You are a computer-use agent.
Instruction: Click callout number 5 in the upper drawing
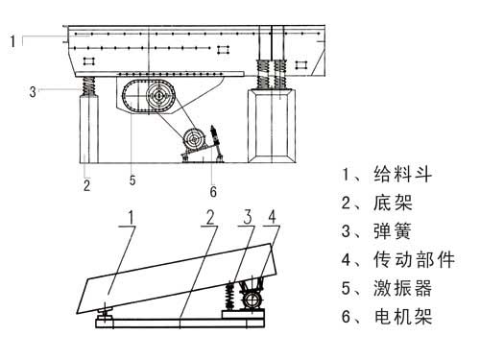pos(132,179)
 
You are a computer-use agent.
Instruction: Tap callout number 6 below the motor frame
pos(213,190)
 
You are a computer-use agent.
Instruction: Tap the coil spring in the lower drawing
pos(230,293)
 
